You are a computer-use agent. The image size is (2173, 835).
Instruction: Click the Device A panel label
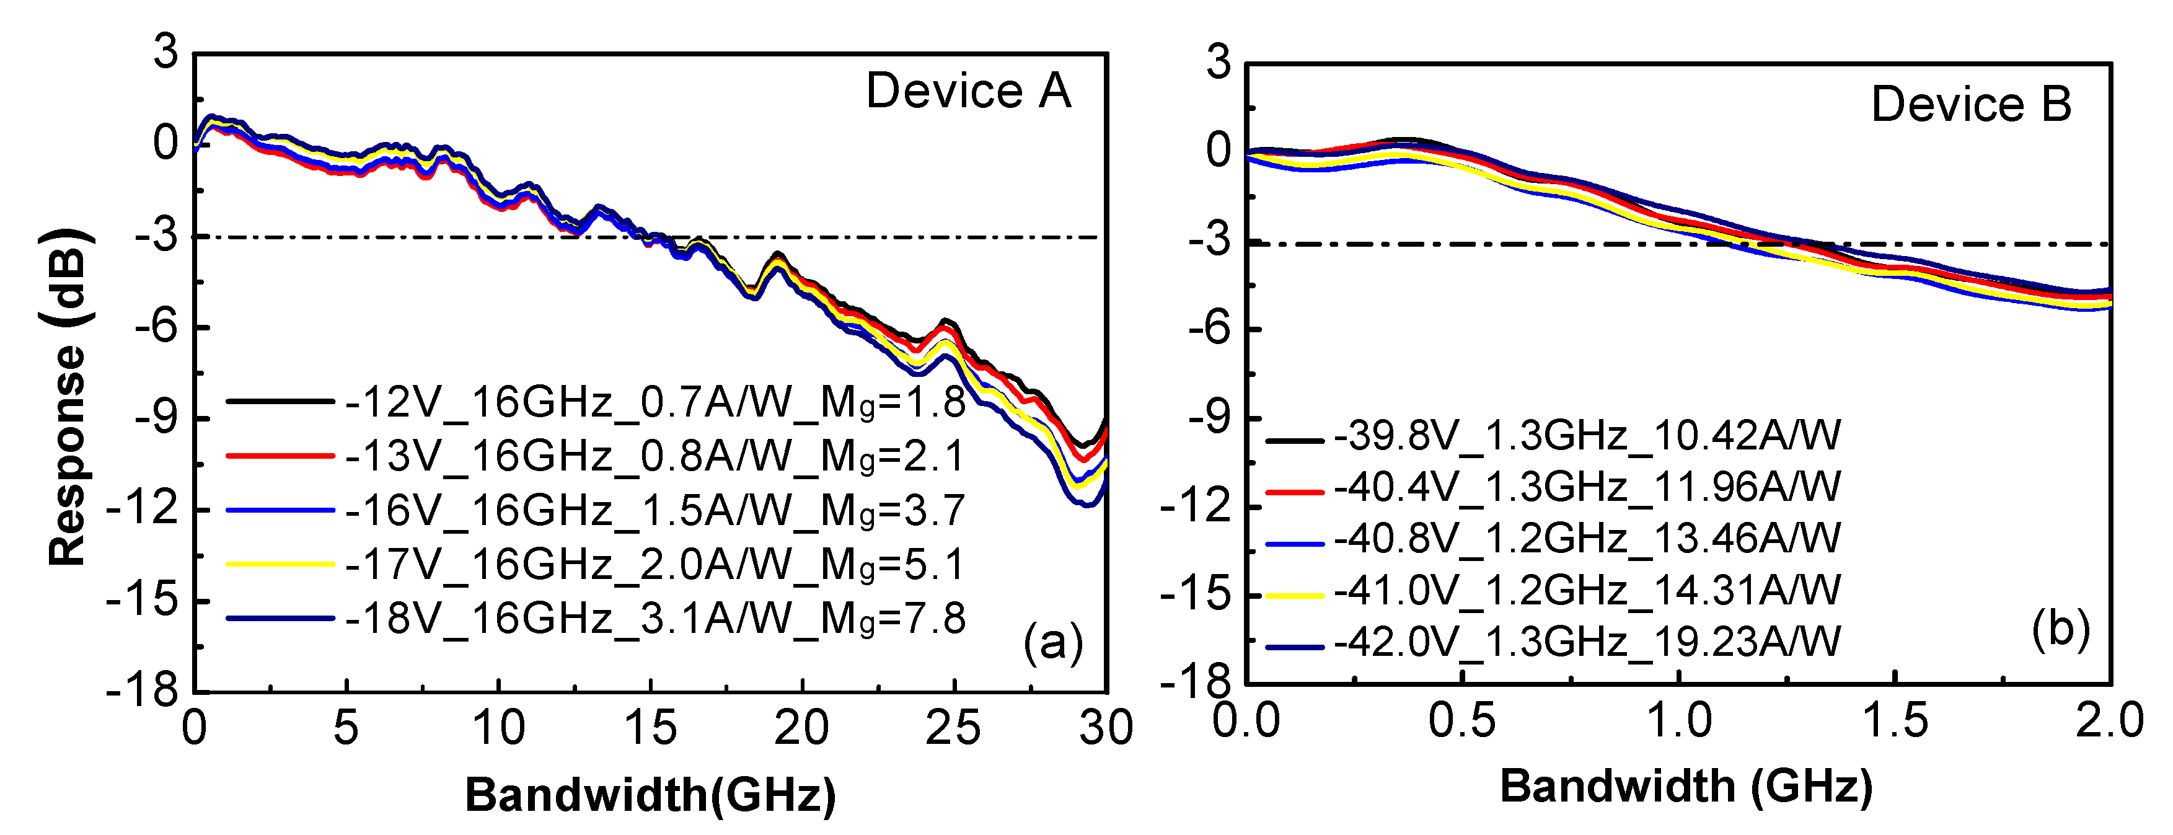[x=967, y=91]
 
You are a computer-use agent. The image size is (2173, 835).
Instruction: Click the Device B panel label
[x=1970, y=105]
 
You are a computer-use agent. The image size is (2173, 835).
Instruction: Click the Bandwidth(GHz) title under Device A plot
[x=650, y=795]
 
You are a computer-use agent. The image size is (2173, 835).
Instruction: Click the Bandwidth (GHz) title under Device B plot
[x=1685, y=786]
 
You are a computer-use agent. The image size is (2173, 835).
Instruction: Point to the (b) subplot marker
[x=2061, y=629]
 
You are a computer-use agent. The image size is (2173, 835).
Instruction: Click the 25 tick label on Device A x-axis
[x=953, y=727]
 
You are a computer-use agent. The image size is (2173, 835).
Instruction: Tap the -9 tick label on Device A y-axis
[x=158, y=418]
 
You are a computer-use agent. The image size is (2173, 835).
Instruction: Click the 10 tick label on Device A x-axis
[x=498, y=727]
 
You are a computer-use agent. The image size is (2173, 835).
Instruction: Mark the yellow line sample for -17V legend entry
[x=280, y=563]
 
